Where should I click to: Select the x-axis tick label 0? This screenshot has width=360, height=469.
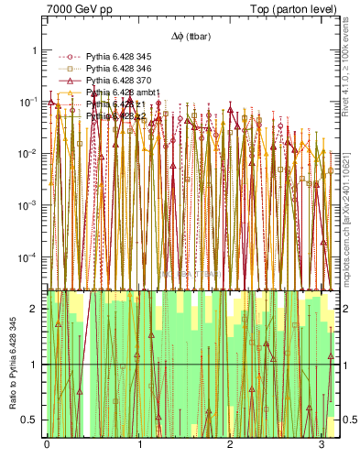coord(47,444)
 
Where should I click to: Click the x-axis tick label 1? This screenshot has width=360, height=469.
coord(138,444)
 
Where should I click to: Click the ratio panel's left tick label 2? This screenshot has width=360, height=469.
coord(35,310)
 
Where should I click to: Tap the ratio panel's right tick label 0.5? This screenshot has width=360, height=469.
coord(346,420)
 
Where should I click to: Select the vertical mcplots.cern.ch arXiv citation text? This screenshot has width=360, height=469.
coord(353,211)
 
